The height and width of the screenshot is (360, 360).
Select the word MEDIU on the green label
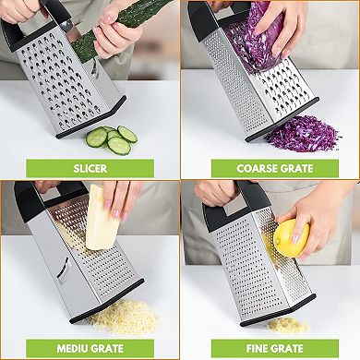(x=68, y=348)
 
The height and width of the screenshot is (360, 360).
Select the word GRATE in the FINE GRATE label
(x=284, y=348)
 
